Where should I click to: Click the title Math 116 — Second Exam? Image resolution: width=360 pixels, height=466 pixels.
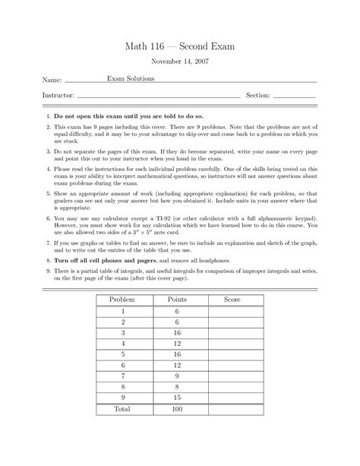pos(180,46)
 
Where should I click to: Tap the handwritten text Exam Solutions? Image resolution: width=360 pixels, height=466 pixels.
pos(131,78)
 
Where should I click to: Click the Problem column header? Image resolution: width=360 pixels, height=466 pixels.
pos(122,300)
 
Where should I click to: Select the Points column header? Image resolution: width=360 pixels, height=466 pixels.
pos(176,300)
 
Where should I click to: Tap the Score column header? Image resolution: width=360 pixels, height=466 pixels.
pos(232,300)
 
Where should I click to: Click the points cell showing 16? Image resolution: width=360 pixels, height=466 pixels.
pos(176,332)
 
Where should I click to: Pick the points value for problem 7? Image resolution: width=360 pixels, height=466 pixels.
pos(176,376)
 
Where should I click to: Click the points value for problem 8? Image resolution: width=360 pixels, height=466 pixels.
pos(176,386)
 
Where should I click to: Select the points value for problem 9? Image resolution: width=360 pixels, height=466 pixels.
pos(176,397)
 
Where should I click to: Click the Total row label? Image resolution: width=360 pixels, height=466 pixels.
pos(122,409)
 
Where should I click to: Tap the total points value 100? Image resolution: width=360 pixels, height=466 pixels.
pos(176,409)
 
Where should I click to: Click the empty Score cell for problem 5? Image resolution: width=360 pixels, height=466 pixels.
pos(232,354)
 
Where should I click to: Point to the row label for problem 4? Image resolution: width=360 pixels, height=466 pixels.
pos(122,344)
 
